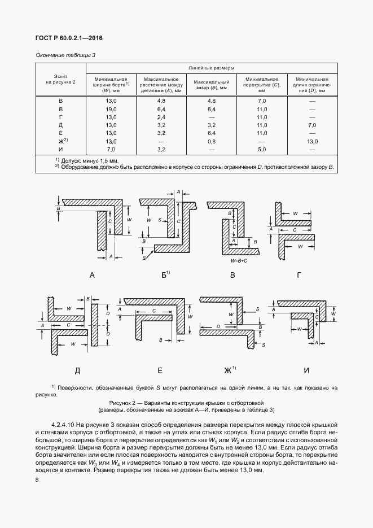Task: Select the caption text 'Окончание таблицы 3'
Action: (x=65, y=55)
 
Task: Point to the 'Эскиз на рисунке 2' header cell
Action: (x=60, y=78)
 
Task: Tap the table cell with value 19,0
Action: (x=111, y=108)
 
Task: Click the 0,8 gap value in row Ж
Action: (x=212, y=141)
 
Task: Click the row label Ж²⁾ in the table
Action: (x=62, y=141)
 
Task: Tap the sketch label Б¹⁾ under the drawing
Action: (x=165, y=275)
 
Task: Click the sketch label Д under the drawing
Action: (x=77, y=370)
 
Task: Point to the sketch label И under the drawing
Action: (x=306, y=370)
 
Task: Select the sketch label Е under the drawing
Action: (x=160, y=370)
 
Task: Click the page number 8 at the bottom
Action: (x=37, y=480)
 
